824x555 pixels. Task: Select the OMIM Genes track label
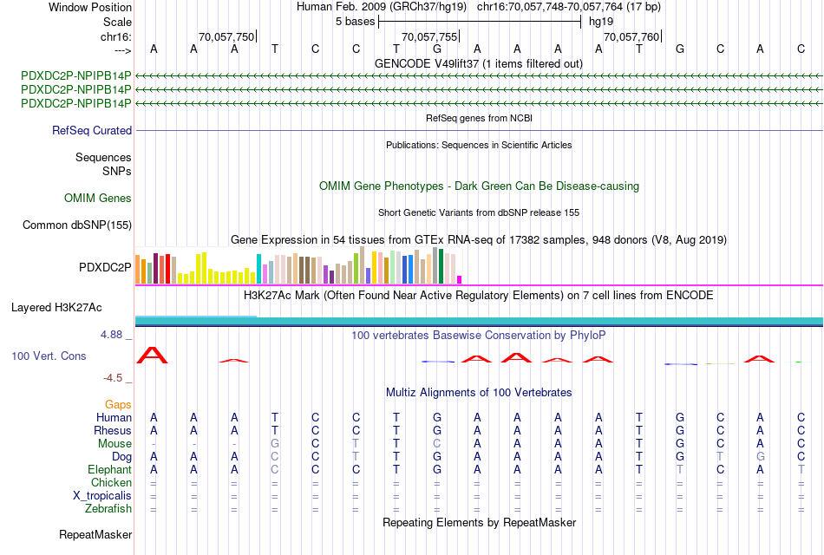coord(98,199)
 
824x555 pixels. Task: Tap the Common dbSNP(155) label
coord(77,225)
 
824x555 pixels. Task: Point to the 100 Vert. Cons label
coord(49,356)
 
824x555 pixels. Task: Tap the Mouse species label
coord(114,443)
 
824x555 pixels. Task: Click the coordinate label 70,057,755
coord(428,37)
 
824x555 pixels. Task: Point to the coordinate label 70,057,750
coord(226,37)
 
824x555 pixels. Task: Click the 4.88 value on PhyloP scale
coord(115,334)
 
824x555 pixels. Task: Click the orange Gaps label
coord(118,405)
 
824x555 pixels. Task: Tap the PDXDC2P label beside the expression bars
coord(105,267)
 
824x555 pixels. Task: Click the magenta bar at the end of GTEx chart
coord(459,279)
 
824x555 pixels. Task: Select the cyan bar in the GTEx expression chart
coord(258,269)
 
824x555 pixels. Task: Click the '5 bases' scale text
coord(355,21)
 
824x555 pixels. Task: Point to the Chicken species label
coord(111,482)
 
